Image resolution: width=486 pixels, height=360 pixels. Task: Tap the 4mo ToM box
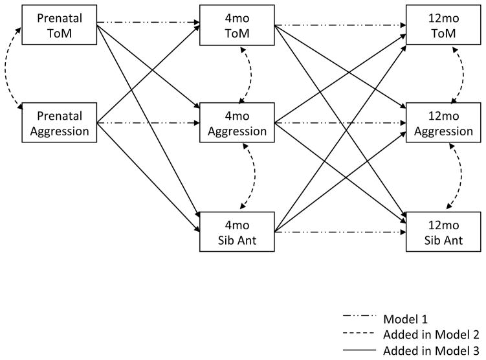tap(237, 25)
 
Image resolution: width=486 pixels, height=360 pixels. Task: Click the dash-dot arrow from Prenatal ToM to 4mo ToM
tap(148, 25)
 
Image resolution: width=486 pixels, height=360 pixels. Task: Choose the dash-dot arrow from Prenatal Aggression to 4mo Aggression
tap(148, 122)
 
